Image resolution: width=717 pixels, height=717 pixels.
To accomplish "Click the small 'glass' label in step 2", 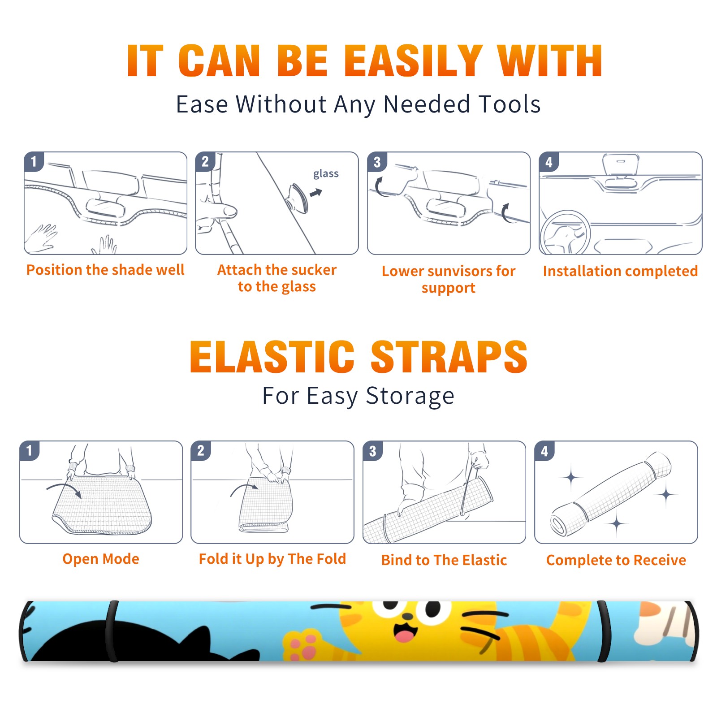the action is pyautogui.click(x=326, y=174).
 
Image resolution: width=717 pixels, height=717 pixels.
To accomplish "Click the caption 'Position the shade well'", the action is pyautogui.click(x=105, y=270).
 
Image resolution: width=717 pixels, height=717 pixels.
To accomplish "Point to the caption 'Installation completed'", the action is pyautogui.click(x=620, y=271).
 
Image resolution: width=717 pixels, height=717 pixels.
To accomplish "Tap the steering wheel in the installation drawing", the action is pyautogui.click(x=565, y=233).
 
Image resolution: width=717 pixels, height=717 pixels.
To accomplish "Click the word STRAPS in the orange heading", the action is pyautogui.click(x=449, y=357).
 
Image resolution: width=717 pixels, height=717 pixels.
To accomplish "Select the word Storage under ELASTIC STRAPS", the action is pyautogui.click(x=410, y=396).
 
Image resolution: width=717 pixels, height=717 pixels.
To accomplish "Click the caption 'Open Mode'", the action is pyautogui.click(x=101, y=559).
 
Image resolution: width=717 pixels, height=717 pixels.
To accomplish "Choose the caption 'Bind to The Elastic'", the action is pyautogui.click(x=444, y=560).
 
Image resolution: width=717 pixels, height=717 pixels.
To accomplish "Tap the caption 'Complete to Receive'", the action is pyautogui.click(x=616, y=560).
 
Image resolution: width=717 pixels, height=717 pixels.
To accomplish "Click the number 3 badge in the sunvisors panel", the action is pyautogui.click(x=377, y=162).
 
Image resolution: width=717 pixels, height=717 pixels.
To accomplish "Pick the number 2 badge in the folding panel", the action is pyautogui.click(x=201, y=450).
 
